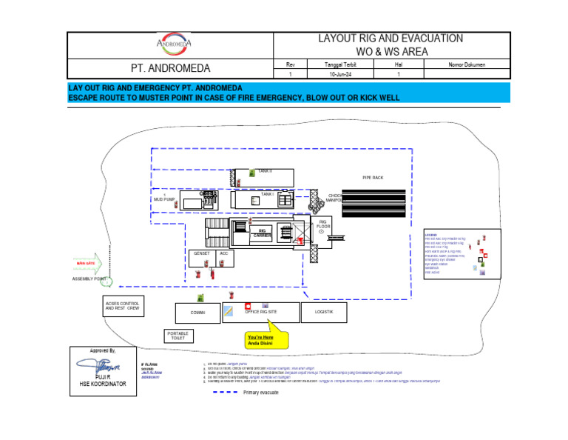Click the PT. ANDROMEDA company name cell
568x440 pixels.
(170, 69)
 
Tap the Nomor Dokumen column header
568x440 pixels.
(467, 65)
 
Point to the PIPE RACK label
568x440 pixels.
(373, 178)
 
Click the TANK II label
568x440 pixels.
(265, 171)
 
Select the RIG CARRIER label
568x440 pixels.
(262, 233)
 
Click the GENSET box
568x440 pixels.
(201, 254)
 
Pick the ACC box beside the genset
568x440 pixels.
(223, 254)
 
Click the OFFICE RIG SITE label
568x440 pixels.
(261, 313)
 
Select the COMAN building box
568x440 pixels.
(197, 313)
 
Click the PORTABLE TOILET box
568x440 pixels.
(177, 336)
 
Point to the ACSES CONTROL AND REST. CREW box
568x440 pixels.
(122, 306)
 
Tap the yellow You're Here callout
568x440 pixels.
(266, 340)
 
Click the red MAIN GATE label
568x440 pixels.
(85, 264)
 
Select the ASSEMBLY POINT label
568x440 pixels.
(89, 279)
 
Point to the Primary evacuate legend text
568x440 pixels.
(260, 393)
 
